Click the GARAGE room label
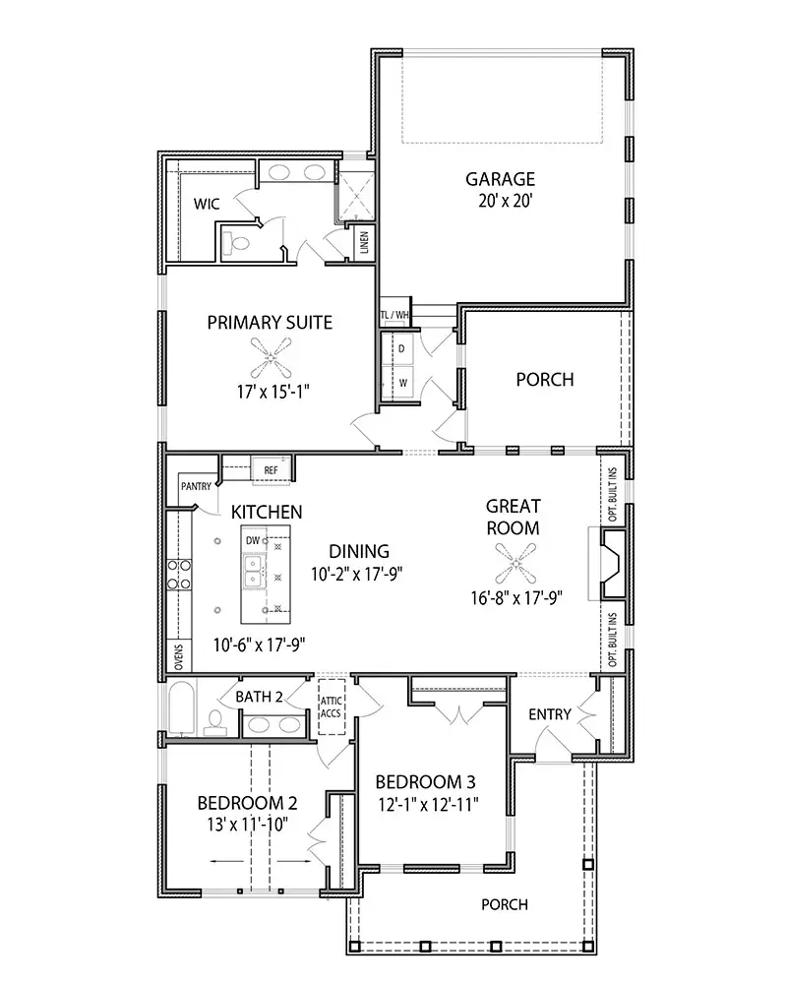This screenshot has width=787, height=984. [500, 179]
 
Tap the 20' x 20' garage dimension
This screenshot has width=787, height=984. [500, 202]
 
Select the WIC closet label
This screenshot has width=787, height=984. [206, 204]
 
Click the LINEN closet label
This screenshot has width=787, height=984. [364, 240]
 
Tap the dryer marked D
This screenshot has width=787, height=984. [401, 349]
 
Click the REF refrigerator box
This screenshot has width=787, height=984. [271, 470]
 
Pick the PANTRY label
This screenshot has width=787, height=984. [195, 486]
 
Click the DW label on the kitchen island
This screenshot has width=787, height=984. [253, 541]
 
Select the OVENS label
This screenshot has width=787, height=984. [179, 656]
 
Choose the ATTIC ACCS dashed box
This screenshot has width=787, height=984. [331, 707]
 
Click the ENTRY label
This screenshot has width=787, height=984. [549, 714]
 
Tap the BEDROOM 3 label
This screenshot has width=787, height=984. [427, 782]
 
